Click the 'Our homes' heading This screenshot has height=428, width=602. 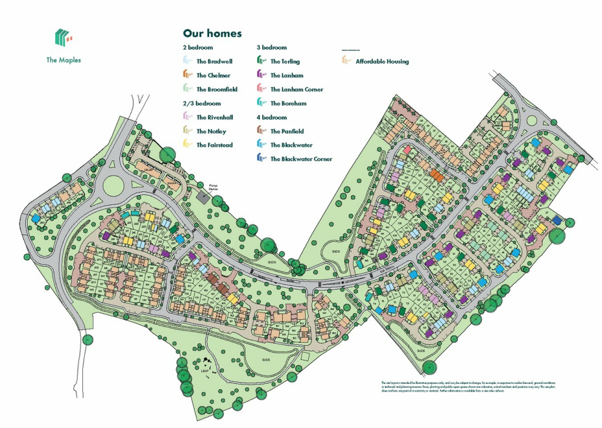(x=212, y=34)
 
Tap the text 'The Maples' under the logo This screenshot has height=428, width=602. (x=63, y=60)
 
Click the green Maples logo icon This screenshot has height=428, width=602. (x=63, y=38)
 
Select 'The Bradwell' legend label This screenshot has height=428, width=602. (x=213, y=61)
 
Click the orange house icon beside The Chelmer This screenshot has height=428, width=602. (x=187, y=75)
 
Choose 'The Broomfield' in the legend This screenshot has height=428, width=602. (x=216, y=89)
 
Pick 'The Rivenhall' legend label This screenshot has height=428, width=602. (x=215, y=117)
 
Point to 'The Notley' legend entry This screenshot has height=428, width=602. (x=211, y=131)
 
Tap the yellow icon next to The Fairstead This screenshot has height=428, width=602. (x=187, y=144)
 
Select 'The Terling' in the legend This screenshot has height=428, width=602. (x=285, y=61)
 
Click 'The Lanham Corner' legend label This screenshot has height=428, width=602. (x=297, y=89)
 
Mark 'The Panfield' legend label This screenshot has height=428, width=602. (x=287, y=131)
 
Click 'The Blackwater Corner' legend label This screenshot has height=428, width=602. (x=301, y=159)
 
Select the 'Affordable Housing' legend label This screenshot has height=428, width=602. (x=382, y=61)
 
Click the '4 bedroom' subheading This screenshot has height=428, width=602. (x=272, y=117)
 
